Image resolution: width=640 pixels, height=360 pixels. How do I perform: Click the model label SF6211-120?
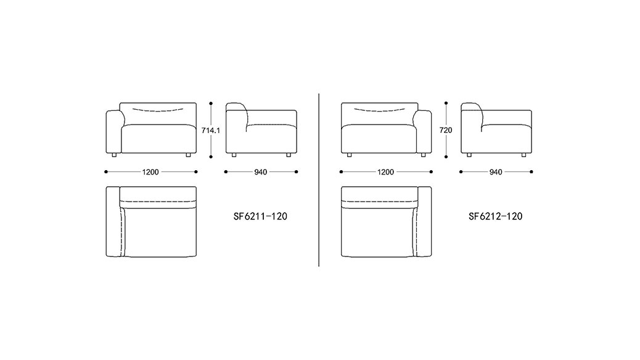(260, 216)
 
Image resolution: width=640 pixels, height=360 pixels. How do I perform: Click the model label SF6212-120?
(495, 216)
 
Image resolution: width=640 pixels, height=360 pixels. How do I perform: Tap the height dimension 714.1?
(211, 131)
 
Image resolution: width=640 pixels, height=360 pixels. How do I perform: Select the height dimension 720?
(446, 131)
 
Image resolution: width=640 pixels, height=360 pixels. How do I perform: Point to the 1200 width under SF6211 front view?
(150, 172)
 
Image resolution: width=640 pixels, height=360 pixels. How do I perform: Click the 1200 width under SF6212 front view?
(385, 172)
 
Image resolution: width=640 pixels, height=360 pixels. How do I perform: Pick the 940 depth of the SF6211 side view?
(260, 172)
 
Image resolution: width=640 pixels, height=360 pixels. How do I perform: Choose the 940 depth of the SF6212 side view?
(496, 172)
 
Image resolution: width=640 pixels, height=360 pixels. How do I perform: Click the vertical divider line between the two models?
(319, 180)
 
